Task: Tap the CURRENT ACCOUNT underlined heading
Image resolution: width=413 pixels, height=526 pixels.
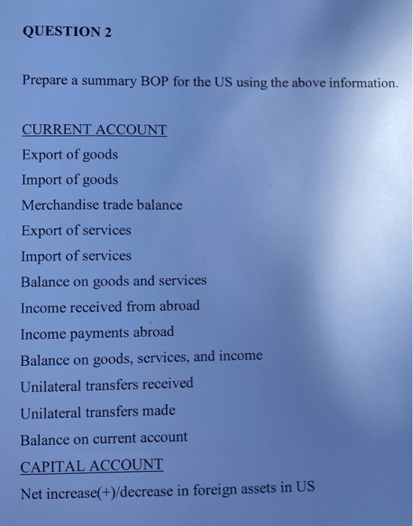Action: (x=94, y=129)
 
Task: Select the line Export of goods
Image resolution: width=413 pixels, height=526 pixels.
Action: (x=69, y=155)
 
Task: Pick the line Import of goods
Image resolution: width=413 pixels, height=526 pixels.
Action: (x=69, y=180)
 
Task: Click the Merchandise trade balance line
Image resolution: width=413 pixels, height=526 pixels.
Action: (x=101, y=204)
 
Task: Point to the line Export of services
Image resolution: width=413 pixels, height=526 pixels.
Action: (x=76, y=230)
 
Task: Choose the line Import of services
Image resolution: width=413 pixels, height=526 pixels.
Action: (x=76, y=255)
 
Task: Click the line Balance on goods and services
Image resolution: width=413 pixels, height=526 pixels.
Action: (x=113, y=281)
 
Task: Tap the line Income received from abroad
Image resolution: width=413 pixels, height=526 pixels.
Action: (x=110, y=307)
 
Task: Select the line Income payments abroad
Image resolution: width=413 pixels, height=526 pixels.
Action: (x=97, y=332)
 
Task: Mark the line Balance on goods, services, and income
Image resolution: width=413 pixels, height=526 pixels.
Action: (x=141, y=357)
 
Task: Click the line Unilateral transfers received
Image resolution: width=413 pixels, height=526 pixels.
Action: (x=107, y=384)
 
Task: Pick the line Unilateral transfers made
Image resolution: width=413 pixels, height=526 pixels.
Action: (x=98, y=411)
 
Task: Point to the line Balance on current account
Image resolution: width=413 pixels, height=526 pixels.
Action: (x=104, y=437)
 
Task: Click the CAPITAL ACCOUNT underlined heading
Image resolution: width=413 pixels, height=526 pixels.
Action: (x=91, y=465)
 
